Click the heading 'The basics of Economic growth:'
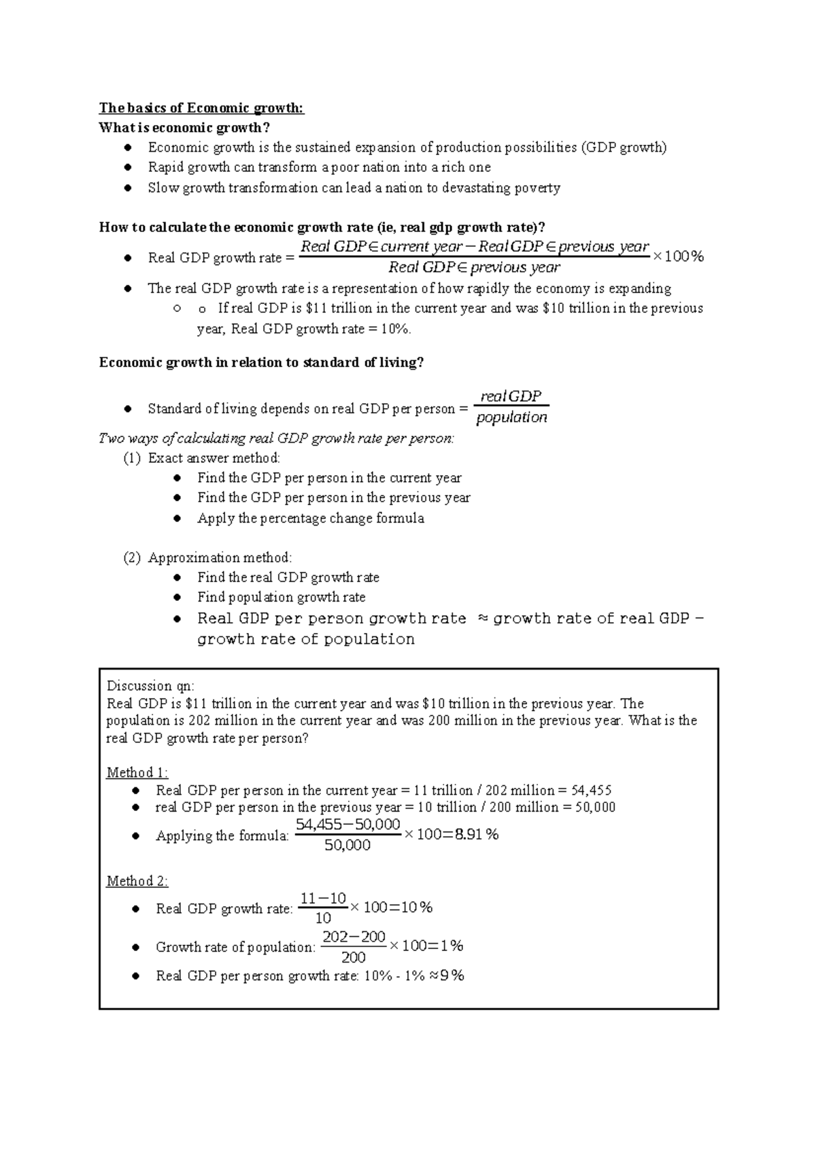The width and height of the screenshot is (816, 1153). [x=201, y=108]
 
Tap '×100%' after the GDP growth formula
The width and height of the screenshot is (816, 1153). [x=678, y=256]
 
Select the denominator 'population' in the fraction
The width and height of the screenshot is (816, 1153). [x=511, y=417]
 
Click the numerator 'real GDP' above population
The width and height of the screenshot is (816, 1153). [x=511, y=396]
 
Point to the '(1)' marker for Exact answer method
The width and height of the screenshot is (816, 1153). [x=132, y=458]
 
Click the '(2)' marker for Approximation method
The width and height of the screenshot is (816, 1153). [x=132, y=558]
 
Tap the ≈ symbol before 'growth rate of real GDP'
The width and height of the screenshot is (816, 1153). [x=483, y=619]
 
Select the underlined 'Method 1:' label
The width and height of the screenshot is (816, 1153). [x=137, y=773]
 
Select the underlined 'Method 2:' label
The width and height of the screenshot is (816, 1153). [x=137, y=882]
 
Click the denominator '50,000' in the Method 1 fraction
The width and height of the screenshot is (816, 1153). [x=347, y=846]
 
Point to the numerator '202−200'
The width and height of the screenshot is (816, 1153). [x=354, y=937]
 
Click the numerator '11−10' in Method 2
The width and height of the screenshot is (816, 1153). [x=323, y=899]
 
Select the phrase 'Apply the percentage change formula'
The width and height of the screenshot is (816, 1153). [x=310, y=519]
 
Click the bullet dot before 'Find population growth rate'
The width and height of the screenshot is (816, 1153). [x=177, y=598]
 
